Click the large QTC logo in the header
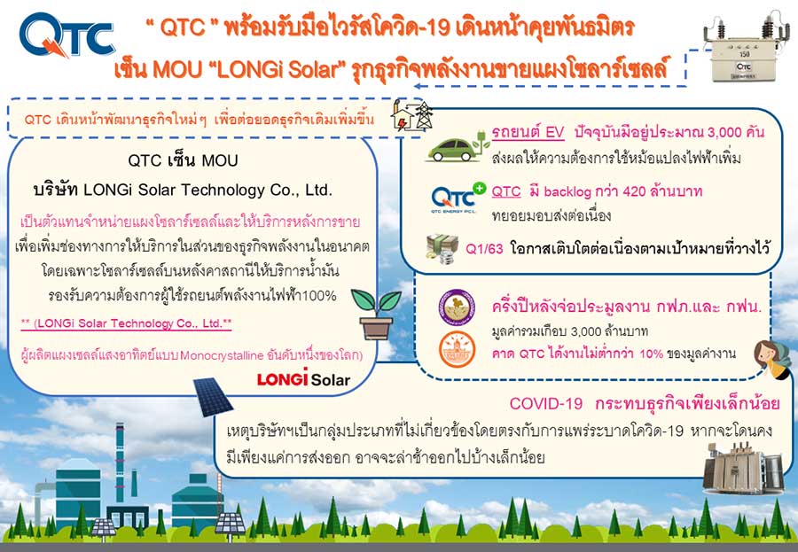(x=66, y=35)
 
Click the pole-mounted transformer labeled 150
(x=744, y=49)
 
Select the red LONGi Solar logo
(x=303, y=378)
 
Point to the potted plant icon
(x=376, y=314)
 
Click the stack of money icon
(x=442, y=249)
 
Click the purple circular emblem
(x=457, y=307)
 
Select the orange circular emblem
(x=457, y=349)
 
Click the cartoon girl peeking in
(x=771, y=359)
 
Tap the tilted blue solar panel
(x=213, y=396)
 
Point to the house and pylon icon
(x=412, y=116)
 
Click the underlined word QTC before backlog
(x=506, y=191)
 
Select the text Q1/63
(x=484, y=249)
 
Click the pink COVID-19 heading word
(x=545, y=403)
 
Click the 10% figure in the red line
(x=652, y=354)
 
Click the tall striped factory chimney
(x=120, y=463)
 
